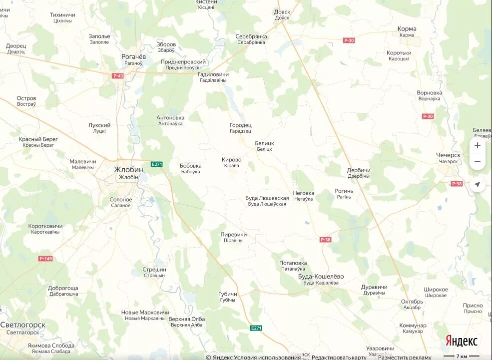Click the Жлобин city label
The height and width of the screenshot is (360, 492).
[128, 169]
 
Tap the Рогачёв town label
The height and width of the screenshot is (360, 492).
[133, 56]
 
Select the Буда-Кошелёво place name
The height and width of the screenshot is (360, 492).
[321, 276]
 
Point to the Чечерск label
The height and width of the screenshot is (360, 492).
[449, 155]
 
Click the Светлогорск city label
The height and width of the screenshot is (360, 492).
[23, 325]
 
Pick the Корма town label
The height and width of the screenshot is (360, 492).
[407, 29]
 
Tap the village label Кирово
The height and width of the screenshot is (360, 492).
[231, 160]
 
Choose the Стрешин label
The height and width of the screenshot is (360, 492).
[154, 270]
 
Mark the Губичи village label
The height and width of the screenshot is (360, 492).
[227, 294]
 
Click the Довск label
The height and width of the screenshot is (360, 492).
[282, 11]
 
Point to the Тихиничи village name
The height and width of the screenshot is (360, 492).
[62, 15]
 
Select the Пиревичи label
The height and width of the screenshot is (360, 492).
[234, 234]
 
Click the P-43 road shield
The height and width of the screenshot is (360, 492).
[118, 76]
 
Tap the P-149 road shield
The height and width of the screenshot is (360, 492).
[45, 259]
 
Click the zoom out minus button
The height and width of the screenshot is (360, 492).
[477, 161]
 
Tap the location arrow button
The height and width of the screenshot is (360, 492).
[477, 185]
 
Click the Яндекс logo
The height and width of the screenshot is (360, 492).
[462, 341]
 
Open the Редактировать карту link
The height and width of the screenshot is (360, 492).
[339, 357]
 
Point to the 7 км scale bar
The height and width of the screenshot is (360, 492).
[462, 357]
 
